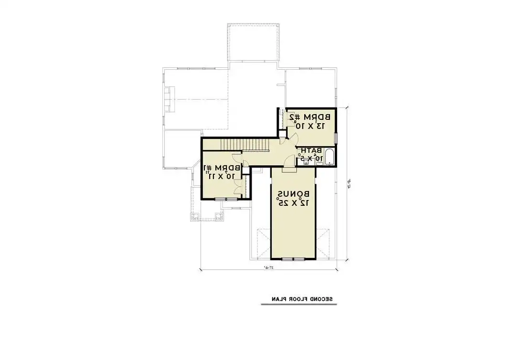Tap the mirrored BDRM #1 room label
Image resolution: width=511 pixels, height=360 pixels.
pos(222,168)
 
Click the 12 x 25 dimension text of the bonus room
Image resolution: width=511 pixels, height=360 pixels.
pos(293,202)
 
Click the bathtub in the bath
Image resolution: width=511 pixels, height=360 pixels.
pos(330,157)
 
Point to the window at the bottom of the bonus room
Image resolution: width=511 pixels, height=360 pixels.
pos(293,259)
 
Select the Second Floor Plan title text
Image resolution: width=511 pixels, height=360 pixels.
pos(297,299)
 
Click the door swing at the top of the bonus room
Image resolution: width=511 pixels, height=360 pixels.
pos(289,169)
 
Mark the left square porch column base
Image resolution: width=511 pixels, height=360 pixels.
pos(195,217)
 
